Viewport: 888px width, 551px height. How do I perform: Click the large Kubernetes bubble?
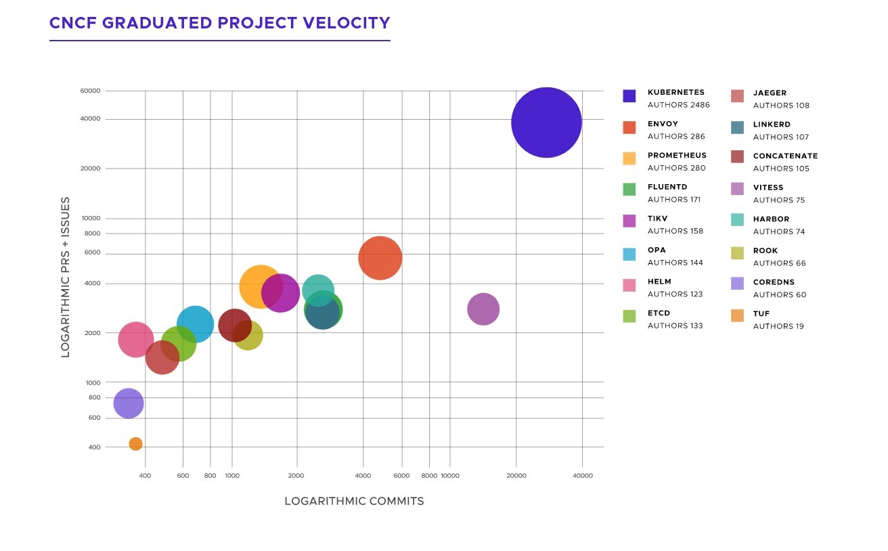coord(546,123)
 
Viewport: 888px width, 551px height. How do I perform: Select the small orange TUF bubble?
coord(135,444)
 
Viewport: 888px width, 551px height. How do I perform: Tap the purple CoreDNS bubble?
coord(129,403)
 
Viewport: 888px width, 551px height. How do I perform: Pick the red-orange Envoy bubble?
coord(380,258)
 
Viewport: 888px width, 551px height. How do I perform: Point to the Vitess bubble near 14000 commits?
coord(483,309)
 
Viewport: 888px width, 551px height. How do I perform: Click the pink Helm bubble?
coord(135,339)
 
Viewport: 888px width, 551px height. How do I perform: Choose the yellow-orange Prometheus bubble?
coord(260,286)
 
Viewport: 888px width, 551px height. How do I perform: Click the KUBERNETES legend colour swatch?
coord(629,95)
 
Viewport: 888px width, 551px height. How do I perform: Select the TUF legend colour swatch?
coord(738,315)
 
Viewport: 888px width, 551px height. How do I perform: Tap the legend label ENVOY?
coord(663,124)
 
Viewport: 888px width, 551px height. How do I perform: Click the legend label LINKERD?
coord(772,125)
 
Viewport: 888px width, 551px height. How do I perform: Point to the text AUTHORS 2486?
coord(679,105)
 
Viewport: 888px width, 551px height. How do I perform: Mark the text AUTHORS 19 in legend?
coord(778,326)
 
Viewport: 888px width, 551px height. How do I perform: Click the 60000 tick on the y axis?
coord(91,91)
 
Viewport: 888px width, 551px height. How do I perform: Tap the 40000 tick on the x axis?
coord(583,476)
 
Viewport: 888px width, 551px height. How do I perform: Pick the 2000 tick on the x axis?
coord(296,476)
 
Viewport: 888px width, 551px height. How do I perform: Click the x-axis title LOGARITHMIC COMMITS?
coord(354,502)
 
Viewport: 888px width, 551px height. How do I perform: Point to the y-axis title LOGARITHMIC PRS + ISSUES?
coord(66,277)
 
